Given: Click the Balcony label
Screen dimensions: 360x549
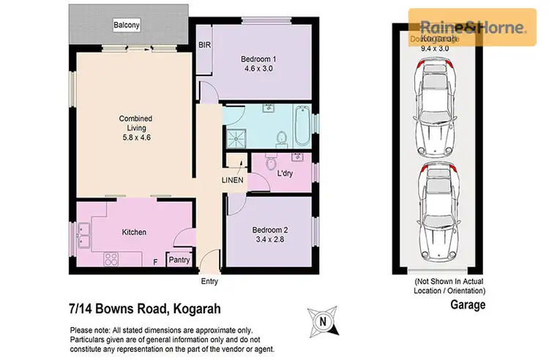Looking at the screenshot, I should tap(126, 26).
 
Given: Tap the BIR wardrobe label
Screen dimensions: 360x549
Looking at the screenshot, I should tap(204, 45).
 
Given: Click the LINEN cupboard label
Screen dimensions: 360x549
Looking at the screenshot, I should tap(233, 180).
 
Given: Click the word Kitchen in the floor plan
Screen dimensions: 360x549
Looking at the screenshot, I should tap(134, 232).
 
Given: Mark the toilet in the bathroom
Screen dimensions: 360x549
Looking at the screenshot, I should tap(281, 137).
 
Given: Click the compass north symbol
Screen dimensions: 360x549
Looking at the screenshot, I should tap(324, 319).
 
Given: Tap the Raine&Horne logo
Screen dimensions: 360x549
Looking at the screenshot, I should tap(471, 29).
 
